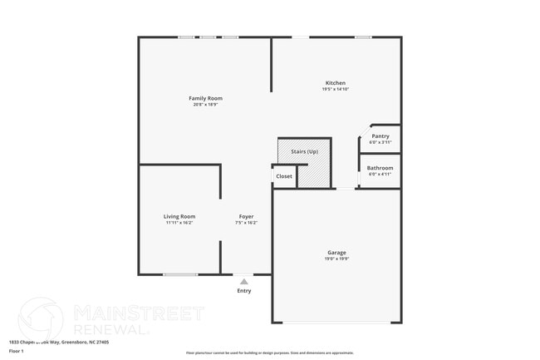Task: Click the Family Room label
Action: point(207,98)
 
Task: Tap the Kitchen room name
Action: point(335,82)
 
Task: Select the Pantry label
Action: point(380,136)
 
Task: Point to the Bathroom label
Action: point(380,167)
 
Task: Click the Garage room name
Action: point(336,252)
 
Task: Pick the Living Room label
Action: point(179,216)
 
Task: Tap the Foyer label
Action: point(246,216)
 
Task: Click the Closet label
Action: point(284,176)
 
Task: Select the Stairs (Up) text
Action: point(304,152)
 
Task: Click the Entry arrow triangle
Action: point(243,282)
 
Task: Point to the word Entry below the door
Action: point(243,291)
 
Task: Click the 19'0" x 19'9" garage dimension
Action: point(336,259)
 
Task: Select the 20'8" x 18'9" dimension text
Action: point(207,105)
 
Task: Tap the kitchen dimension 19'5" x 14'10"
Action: point(335,89)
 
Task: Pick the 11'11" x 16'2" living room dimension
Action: point(179,223)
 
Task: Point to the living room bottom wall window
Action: point(180,274)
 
